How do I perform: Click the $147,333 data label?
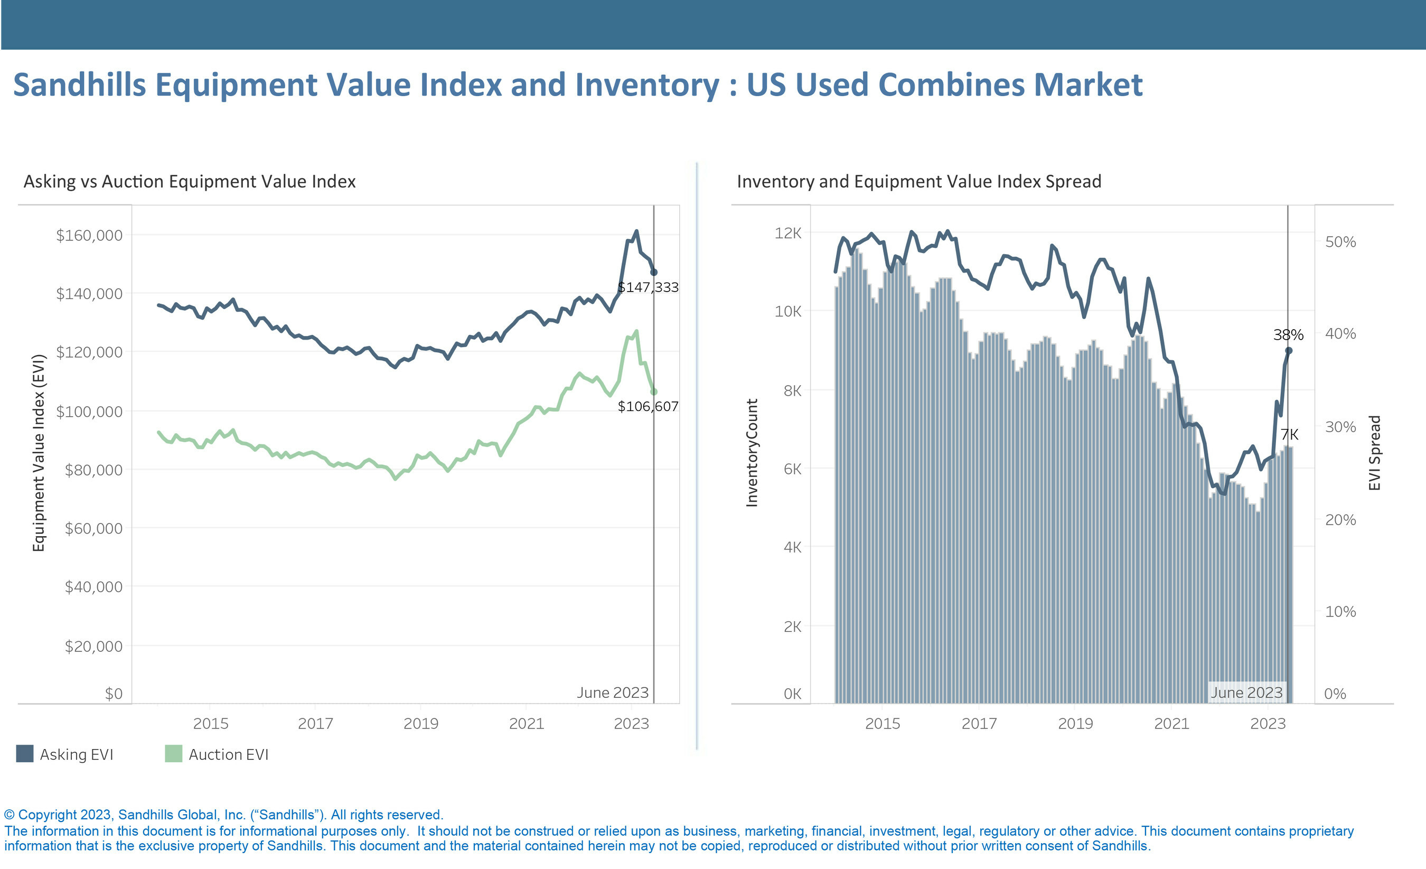click(x=648, y=287)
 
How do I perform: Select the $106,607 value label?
click(x=648, y=406)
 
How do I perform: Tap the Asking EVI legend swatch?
click(x=25, y=754)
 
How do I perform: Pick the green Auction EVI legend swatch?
click(x=174, y=754)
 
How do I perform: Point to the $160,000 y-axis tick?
click(x=89, y=235)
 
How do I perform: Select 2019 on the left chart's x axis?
click(x=421, y=724)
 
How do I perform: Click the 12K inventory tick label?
click(x=787, y=233)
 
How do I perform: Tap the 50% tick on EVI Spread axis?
click(x=1340, y=242)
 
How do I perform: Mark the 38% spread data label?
click(x=1288, y=334)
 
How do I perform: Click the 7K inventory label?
click(x=1289, y=434)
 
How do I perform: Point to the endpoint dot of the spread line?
click(x=1289, y=350)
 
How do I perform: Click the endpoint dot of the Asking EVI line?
click(x=654, y=272)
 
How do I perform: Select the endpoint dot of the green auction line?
click(x=654, y=392)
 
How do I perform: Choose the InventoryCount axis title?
click(x=752, y=453)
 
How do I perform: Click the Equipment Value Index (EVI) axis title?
click(x=38, y=453)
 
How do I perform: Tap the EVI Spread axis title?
click(x=1374, y=453)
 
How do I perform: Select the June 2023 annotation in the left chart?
click(x=612, y=693)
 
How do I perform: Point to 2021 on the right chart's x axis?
click(x=1171, y=724)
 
